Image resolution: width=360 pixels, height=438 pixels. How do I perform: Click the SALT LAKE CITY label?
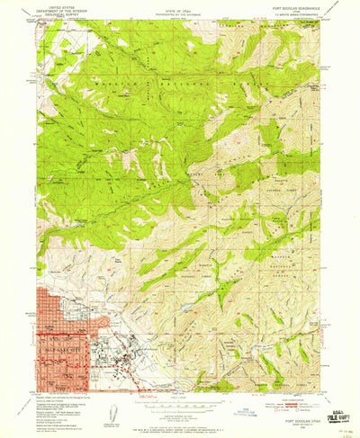point(56,349)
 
